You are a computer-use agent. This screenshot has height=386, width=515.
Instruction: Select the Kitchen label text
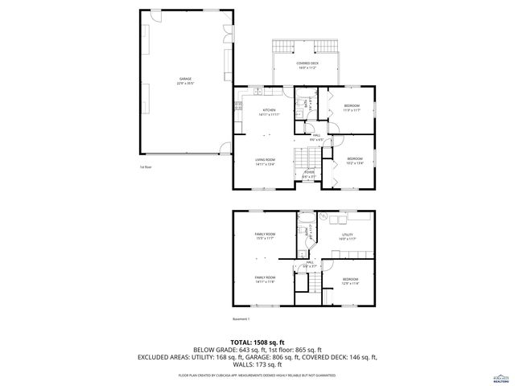[x=268, y=112]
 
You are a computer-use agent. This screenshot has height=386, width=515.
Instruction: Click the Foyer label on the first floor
[x=308, y=174]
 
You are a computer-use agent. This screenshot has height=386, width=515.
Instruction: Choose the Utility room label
[x=347, y=236]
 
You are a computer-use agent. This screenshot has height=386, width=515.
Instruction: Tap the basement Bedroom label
[x=350, y=281]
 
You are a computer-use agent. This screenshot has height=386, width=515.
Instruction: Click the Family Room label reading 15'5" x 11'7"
[x=265, y=236]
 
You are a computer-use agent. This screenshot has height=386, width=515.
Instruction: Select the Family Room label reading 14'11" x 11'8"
[x=265, y=279]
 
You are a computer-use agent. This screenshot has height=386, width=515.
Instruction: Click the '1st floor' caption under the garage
[x=146, y=167]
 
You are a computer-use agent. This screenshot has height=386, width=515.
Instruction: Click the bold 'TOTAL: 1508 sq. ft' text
[x=257, y=342]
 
